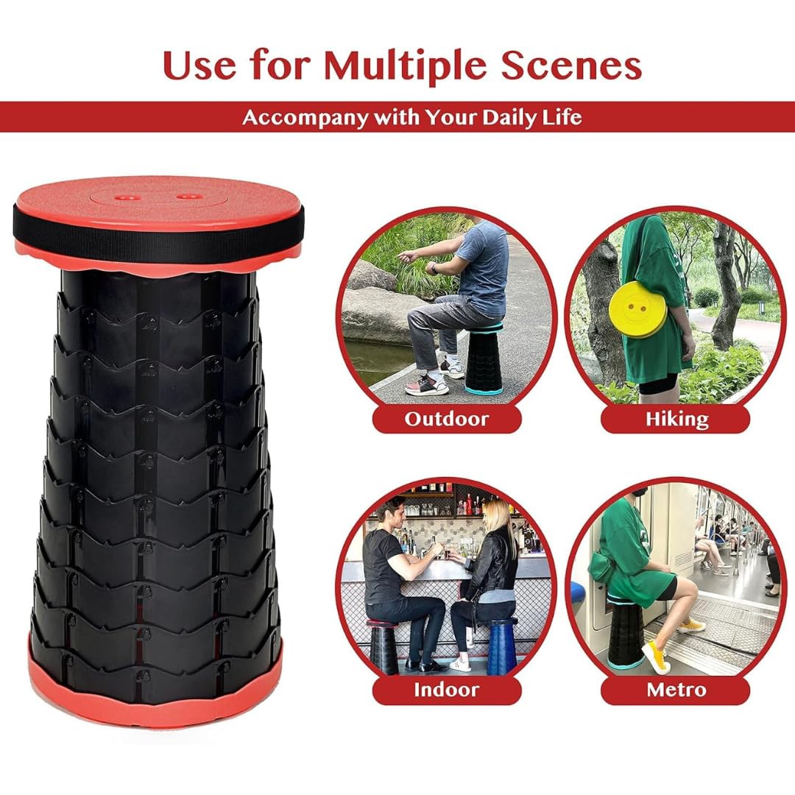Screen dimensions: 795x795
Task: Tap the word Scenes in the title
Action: [571, 66]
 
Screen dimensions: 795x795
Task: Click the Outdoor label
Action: [447, 419]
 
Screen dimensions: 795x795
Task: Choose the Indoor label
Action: [447, 690]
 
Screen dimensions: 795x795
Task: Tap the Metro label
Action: [675, 690]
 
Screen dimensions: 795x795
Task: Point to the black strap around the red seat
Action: [158, 236]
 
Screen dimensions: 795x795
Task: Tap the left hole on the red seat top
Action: [123, 197]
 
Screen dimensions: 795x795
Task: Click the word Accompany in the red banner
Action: [305, 118]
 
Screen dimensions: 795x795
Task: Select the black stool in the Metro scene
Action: [626, 632]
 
